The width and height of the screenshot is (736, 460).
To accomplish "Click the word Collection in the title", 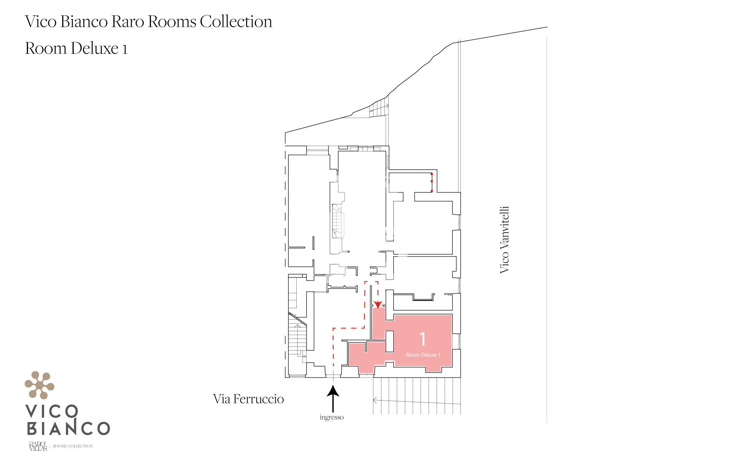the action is click(x=236, y=21).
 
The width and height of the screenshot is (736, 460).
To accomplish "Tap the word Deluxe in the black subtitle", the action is click(x=95, y=48).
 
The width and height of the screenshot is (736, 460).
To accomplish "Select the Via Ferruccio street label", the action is click(x=248, y=399).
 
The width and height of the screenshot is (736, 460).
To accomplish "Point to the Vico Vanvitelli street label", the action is click(x=504, y=240).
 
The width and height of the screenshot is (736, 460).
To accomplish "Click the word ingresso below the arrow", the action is click(x=332, y=417).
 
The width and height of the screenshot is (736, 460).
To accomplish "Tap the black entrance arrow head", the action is click(x=333, y=391).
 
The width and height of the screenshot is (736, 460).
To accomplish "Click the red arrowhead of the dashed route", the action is click(x=378, y=305).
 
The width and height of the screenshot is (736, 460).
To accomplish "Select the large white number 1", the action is click(x=422, y=339).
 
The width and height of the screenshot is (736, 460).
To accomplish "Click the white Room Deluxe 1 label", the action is click(x=423, y=355).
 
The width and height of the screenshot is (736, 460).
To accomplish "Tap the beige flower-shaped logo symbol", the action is click(x=39, y=385).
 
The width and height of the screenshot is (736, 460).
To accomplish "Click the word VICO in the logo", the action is click(x=52, y=412).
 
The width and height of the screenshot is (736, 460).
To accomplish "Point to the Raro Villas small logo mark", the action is click(x=38, y=446).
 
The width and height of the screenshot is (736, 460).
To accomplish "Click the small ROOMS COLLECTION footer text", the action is click(x=73, y=446).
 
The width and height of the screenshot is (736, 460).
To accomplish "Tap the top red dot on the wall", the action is click(x=432, y=174).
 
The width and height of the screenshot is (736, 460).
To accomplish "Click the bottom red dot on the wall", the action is click(x=432, y=191).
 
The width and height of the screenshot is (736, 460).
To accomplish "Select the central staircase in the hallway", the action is click(x=338, y=221).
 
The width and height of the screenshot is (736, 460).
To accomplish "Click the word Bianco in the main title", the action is click(x=84, y=21).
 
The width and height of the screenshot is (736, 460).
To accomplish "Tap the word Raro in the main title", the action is click(x=128, y=21).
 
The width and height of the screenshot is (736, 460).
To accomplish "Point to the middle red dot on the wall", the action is click(x=432, y=181).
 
